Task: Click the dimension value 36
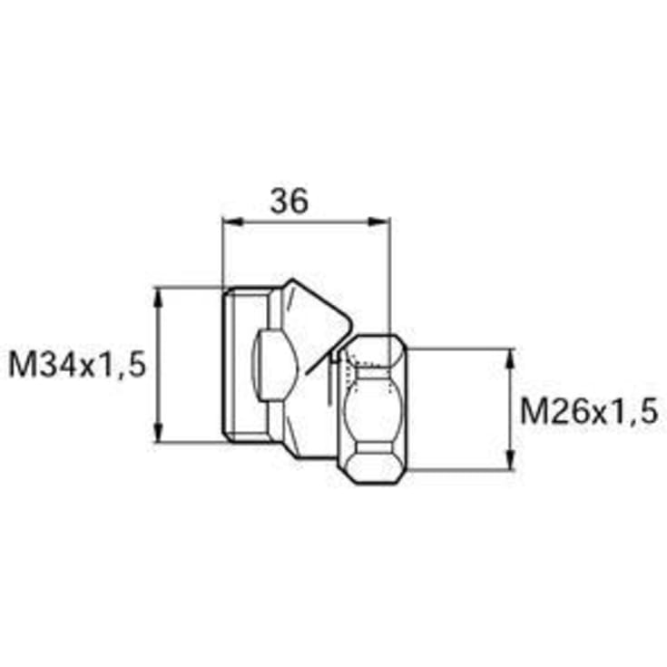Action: pyautogui.click(x=289, y=201)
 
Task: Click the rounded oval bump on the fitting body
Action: pyautogui.click(x=272, y=363)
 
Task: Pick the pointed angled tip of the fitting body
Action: pyautogui.click(x=349, y=327)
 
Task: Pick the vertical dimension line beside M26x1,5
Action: pyautogui.click(x=510, y=408)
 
